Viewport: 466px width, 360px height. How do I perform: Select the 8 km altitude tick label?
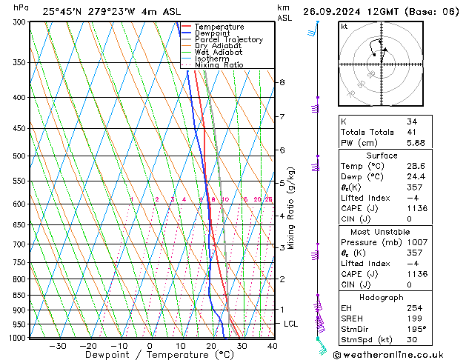click(282, 82)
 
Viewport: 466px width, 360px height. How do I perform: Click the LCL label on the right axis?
click(290, 324)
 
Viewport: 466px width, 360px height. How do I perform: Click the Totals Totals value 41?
click(411, 133)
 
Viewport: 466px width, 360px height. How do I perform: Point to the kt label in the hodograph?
click(344, 26)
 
